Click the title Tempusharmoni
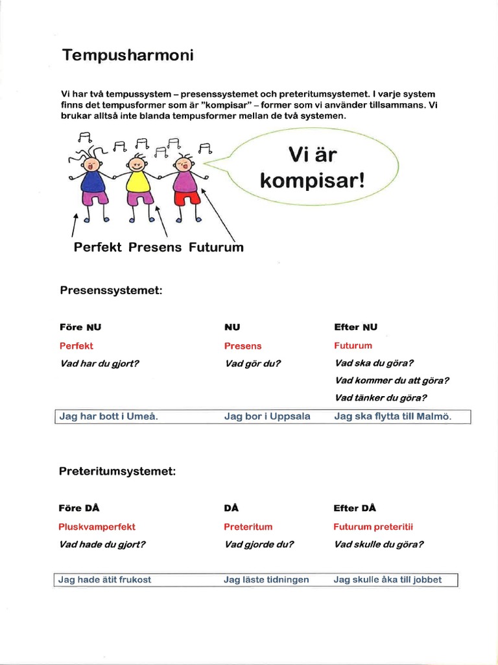pos(127,56)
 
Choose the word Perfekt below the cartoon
pos(98,247)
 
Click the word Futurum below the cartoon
pos(216,247)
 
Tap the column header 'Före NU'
pos(80,327)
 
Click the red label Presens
pos(243,346)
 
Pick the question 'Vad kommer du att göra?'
pos(392,381)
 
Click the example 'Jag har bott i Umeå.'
pos(108,417)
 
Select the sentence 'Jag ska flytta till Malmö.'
pos(392,417)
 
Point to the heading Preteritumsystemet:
pos(117,471)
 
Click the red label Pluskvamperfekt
pos(97,527)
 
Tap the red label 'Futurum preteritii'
pos(373,527)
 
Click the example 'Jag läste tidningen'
pos(267,579)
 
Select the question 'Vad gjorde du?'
pos(259,545)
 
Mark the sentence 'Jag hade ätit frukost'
pos(105,579)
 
